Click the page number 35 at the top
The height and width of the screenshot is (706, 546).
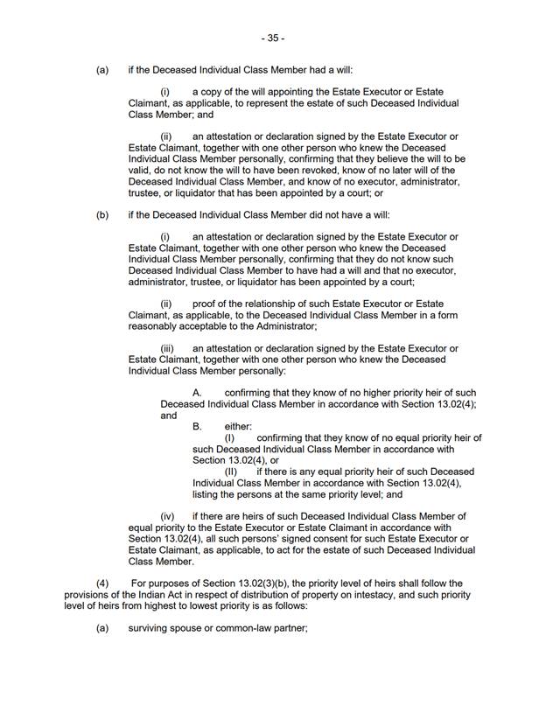[x=273, y=38]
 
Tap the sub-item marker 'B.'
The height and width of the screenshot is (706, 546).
[x=198, y=426]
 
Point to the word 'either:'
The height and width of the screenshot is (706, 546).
[x=238, y=426]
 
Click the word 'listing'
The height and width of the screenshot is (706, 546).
[x=207, y=493]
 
